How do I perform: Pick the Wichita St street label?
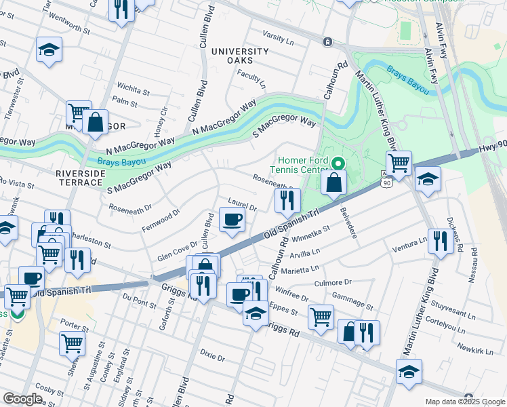pos(133,89)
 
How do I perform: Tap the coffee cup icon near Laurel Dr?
pos(232,220)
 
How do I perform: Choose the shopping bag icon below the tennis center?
pos(334,182)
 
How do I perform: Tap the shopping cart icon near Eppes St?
pos(321,315)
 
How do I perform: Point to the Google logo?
pos(22,399)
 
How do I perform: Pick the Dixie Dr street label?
pos(212,354)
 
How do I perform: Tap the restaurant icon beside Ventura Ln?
pos(441,241)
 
